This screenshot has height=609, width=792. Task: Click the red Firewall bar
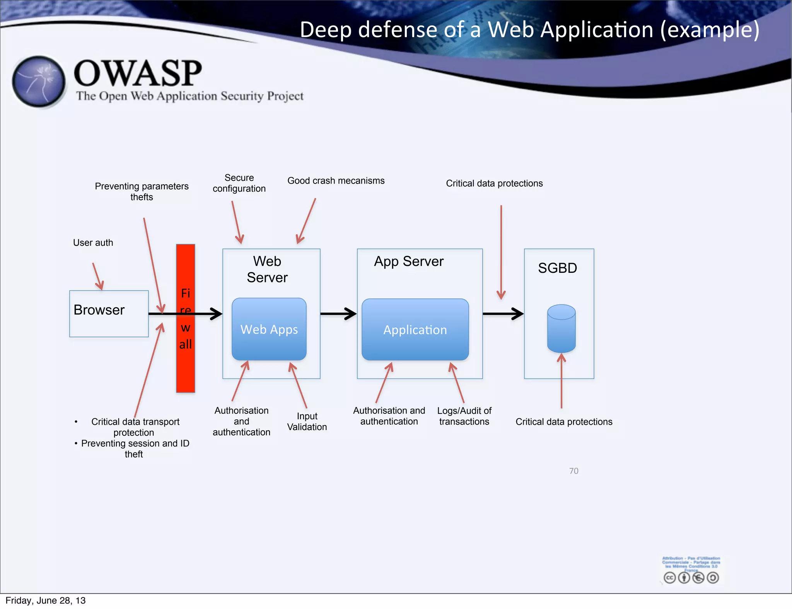pos(186,367)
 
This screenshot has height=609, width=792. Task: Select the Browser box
pos(109,314)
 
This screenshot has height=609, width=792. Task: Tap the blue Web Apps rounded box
pos(269,329)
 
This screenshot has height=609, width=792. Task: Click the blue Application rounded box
pos(415,330)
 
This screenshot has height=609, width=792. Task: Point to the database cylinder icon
pos(561,328)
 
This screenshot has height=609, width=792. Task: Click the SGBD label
pos(557,268)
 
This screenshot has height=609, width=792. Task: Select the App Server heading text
pos(409,262)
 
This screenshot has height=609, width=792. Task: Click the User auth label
pos(93,243)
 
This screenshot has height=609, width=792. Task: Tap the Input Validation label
pos(307,422)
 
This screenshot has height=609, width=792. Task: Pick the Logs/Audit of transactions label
pos(464,416)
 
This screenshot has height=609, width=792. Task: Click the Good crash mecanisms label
pos(336,181)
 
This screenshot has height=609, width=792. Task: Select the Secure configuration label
pos(239,183)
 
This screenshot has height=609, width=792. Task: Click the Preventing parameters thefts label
pos(142,192)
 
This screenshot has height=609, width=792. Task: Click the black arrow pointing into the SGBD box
pos(503,314)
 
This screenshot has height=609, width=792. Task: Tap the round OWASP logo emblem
pos(39,82)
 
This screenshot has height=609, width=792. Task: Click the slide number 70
pos(574,471)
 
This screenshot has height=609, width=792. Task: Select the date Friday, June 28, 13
pos(46,600)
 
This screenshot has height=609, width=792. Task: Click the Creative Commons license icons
pos(691,578)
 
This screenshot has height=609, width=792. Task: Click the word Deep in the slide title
pos(325,30)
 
